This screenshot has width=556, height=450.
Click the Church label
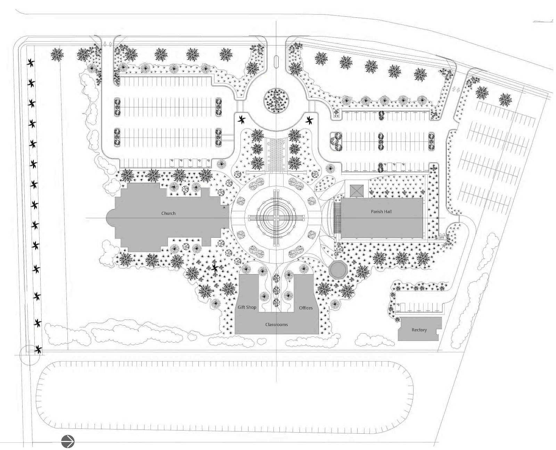[168, 213]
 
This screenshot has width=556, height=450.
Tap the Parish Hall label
[381, 211]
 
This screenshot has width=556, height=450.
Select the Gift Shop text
[247, 307]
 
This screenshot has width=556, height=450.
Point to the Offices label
[306, 308]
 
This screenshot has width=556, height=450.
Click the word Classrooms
[276, 325]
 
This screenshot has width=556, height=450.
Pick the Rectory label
[419, 330]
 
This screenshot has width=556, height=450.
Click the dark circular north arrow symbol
[68, 442]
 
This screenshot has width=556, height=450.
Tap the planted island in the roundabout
[276, 100]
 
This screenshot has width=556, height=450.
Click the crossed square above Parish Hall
[357, 191]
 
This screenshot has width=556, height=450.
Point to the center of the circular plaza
[276, 216]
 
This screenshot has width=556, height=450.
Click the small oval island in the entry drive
[276, 62]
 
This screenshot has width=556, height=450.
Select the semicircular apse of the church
[111, 218]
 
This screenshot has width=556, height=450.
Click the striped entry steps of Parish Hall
[337, 218]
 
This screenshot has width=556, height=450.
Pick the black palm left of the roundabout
[242, 120]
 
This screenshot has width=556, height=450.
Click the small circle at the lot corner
[30, 355]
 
